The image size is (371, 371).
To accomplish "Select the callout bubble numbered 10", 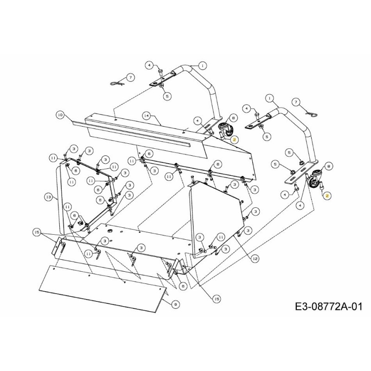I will [x=59, y=114].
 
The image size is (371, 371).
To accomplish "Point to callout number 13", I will [x=48, y=197].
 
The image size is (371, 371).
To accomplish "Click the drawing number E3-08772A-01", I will [x=327, y=307].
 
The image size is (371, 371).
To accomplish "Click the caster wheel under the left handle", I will [x=224, y=130].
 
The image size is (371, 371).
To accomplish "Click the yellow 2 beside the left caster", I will [x=235, y=140].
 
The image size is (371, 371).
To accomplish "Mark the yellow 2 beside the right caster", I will [x=327, y=196].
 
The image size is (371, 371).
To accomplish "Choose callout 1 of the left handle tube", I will [x=203, y=65].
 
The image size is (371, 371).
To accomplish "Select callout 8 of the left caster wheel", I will [x=233, y=118].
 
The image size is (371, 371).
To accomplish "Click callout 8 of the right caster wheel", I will [x=329, y=166].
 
